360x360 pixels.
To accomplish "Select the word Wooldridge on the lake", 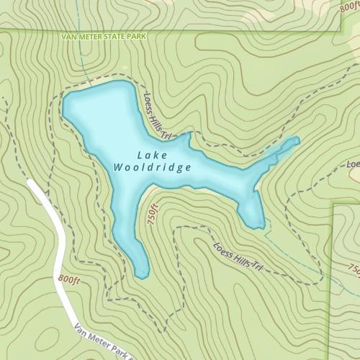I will click(x=153, y=168).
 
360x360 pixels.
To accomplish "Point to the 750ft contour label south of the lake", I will click(x=153, y=215).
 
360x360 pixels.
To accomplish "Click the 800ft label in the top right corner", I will click(x=348, y=6).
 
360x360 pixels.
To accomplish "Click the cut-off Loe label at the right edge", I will click(x=353, y=164).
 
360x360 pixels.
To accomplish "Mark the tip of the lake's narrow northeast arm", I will click(x=296, y=139).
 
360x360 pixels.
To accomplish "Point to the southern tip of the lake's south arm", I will click(x=143, y=275).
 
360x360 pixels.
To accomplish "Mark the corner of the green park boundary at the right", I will click(x=332, y=205).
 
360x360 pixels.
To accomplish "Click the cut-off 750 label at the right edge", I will click(x=354, y=269).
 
